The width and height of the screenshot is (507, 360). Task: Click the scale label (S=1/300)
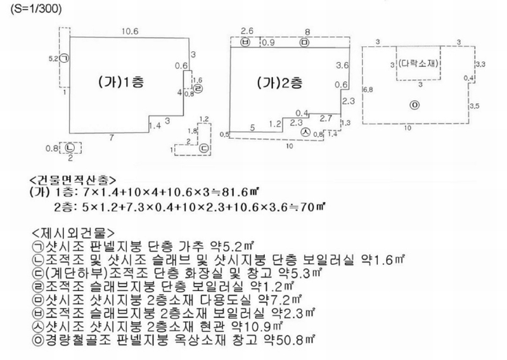[x=36, y=8]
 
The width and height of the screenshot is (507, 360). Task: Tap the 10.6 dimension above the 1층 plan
[x=130, y=31]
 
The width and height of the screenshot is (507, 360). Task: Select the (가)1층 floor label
[x=121, y=82]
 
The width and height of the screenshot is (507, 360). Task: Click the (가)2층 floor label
[x=280, y=83]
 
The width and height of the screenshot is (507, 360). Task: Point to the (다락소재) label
[x=418, y=63]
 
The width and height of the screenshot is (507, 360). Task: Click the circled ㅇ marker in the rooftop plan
[x=414, y=105]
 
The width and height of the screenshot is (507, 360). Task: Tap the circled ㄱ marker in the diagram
[x=65, y=58]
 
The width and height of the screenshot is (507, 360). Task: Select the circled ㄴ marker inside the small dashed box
[x=70, y=148]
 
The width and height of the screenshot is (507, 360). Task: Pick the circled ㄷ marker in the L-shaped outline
[x=204, y=148]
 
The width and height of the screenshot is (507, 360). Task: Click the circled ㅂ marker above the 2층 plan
[x=245, y=42]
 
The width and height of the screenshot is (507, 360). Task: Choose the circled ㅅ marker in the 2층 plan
[x=305, y=132]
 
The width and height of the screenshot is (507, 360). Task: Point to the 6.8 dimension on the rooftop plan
[x=368, y=89]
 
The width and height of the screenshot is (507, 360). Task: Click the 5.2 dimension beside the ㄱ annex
[x=54, y=59]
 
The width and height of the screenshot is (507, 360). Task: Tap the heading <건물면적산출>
[x=72, y=179]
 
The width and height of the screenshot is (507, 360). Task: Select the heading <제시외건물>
[x=73, y=233]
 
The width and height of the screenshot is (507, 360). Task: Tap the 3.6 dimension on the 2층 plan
[x=342, y=66]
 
